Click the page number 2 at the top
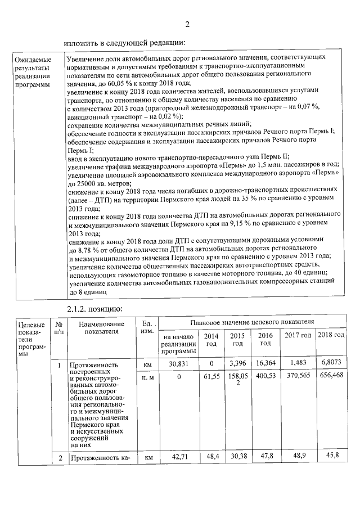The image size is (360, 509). [x=187, y=24]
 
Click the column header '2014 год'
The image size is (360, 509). [x=211, y=339]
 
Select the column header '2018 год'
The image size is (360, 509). [x=331, y=335]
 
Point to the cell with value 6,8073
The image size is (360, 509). [x=331, y=364]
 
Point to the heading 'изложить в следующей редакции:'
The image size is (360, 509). [x=124, y=42]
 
